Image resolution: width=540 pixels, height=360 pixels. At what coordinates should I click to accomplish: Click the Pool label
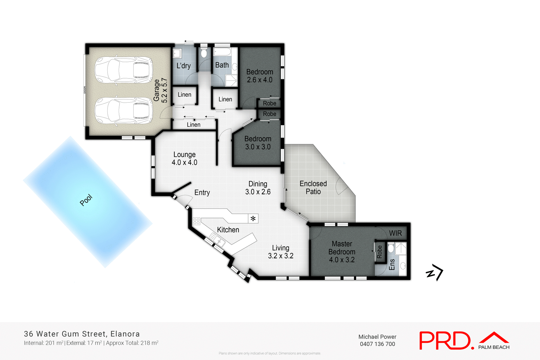(x=86, y=200)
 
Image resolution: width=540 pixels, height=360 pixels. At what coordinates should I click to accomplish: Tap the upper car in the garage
(x=123, y=70)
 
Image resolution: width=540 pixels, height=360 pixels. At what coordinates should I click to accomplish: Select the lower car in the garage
(x=123, y=111)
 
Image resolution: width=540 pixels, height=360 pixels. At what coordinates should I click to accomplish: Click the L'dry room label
(x=183, y=66)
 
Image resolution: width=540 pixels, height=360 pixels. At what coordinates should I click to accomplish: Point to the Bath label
(x=222, y=65)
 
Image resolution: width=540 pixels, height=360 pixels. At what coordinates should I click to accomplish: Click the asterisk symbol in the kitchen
(x=253, y=219)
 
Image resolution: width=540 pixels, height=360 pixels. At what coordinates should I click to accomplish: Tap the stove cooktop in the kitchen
(x=196, y=221)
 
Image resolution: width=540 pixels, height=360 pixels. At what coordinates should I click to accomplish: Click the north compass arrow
(x=435, y=272)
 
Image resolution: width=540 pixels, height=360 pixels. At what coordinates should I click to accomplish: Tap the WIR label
(x=395, y=233)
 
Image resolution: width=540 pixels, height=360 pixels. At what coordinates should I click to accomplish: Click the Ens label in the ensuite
(x=392, y=264)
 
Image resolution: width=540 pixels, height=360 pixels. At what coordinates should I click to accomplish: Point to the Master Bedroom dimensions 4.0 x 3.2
(x=342, y=260)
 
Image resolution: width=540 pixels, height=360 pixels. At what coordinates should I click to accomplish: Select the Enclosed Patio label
(x=313, y=187)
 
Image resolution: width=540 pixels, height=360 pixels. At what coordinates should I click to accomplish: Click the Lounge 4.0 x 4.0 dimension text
(x=184, y=162)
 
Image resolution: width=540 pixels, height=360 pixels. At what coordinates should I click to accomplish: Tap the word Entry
(x=202, y=193)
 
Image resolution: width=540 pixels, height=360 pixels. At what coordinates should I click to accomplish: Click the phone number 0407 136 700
(x=377, y=344)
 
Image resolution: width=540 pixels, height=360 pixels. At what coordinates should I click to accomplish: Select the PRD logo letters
(x=444, y=341)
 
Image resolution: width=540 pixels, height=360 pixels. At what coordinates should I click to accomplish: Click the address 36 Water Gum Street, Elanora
(x=82, y=334)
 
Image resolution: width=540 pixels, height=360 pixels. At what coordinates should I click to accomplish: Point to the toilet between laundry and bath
(x=204, y=53)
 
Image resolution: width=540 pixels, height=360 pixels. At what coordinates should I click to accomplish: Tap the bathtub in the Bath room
(x=222, y=52)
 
